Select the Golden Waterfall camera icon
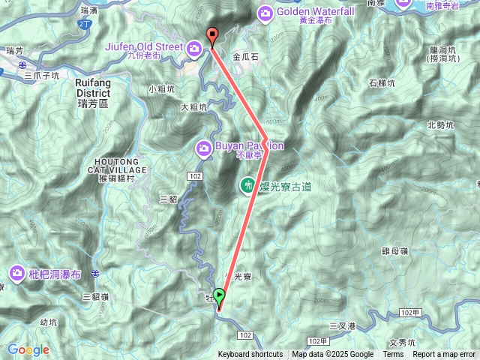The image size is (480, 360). click(x=265, y=13)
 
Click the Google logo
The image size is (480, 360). click(x=28, y=349)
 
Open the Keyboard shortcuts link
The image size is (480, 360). click(x=250, y=355)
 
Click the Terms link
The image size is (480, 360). click(x=393, y=355)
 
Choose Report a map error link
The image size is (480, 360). click(x=444, y=355)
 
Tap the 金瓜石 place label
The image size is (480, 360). click(x=246, y=56)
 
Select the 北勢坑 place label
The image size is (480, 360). click(x=441, y=124)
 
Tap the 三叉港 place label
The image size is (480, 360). click(x=342, y=325)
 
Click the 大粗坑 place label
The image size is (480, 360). click(x=194, y=107)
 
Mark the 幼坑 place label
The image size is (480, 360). click(x=48, y=322)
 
